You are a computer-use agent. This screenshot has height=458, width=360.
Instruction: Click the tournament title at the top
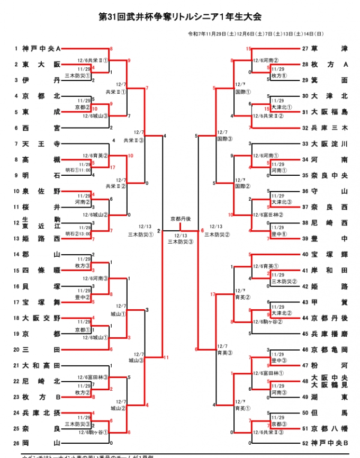tap(180, 17)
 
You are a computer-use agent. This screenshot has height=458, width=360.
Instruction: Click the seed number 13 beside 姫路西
tap(16, 239)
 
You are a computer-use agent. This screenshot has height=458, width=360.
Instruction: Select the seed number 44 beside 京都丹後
tap(305, 318)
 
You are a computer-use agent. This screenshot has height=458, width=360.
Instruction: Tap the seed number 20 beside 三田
tap(16, 349)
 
